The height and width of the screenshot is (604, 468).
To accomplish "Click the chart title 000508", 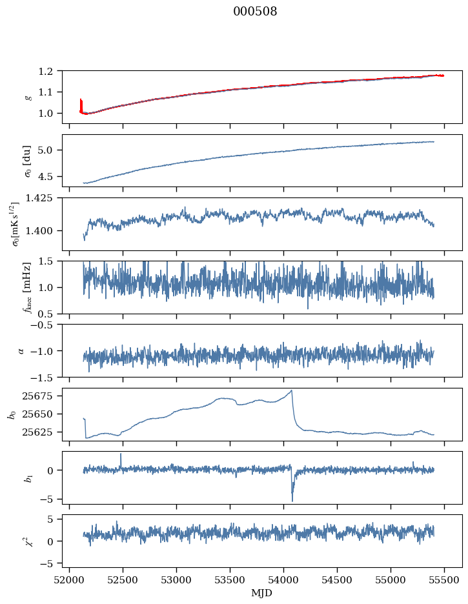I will (255, 12).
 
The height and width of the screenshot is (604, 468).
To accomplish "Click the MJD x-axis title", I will (261, 593).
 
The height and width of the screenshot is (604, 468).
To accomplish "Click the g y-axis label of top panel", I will (28, 97).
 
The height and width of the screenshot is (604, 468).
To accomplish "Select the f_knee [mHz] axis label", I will (28, 287).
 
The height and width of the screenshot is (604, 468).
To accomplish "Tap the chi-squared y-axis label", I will (28, 541).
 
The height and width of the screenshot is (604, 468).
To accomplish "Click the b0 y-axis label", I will (12, 414).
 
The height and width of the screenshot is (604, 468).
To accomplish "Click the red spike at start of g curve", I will (81, 102).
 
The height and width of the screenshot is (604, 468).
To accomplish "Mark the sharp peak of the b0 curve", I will (292, 390).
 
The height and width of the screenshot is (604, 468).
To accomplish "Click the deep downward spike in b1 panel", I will (292, 500).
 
